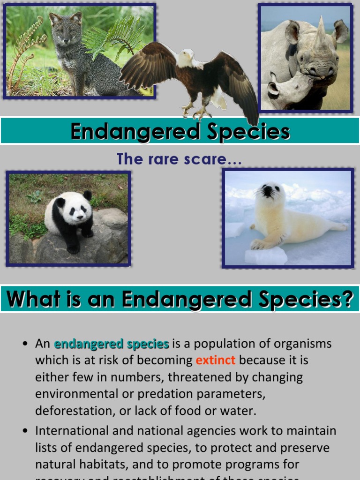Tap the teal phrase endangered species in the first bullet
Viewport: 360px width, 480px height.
click(x=111, y=344)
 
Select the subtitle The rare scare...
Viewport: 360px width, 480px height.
click(x=180, y=159)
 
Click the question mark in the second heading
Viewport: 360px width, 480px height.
click(x=347, y=299)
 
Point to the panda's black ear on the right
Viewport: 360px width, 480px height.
click(x=88, y=195)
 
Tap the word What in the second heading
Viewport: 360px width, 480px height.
click(x=33, y=299)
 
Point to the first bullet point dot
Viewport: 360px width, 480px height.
click(x=25, y=345)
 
